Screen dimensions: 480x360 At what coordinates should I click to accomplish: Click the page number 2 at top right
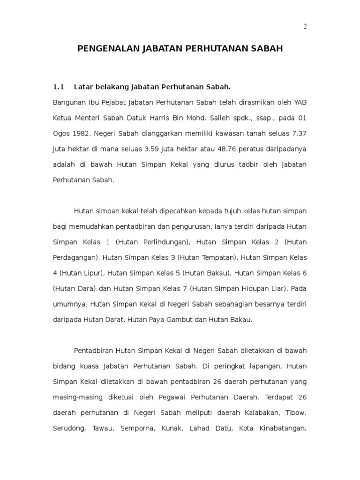(305, 26)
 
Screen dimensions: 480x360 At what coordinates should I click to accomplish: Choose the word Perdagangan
(75, 257)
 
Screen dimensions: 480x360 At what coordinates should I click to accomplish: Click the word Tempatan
(217, 257)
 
